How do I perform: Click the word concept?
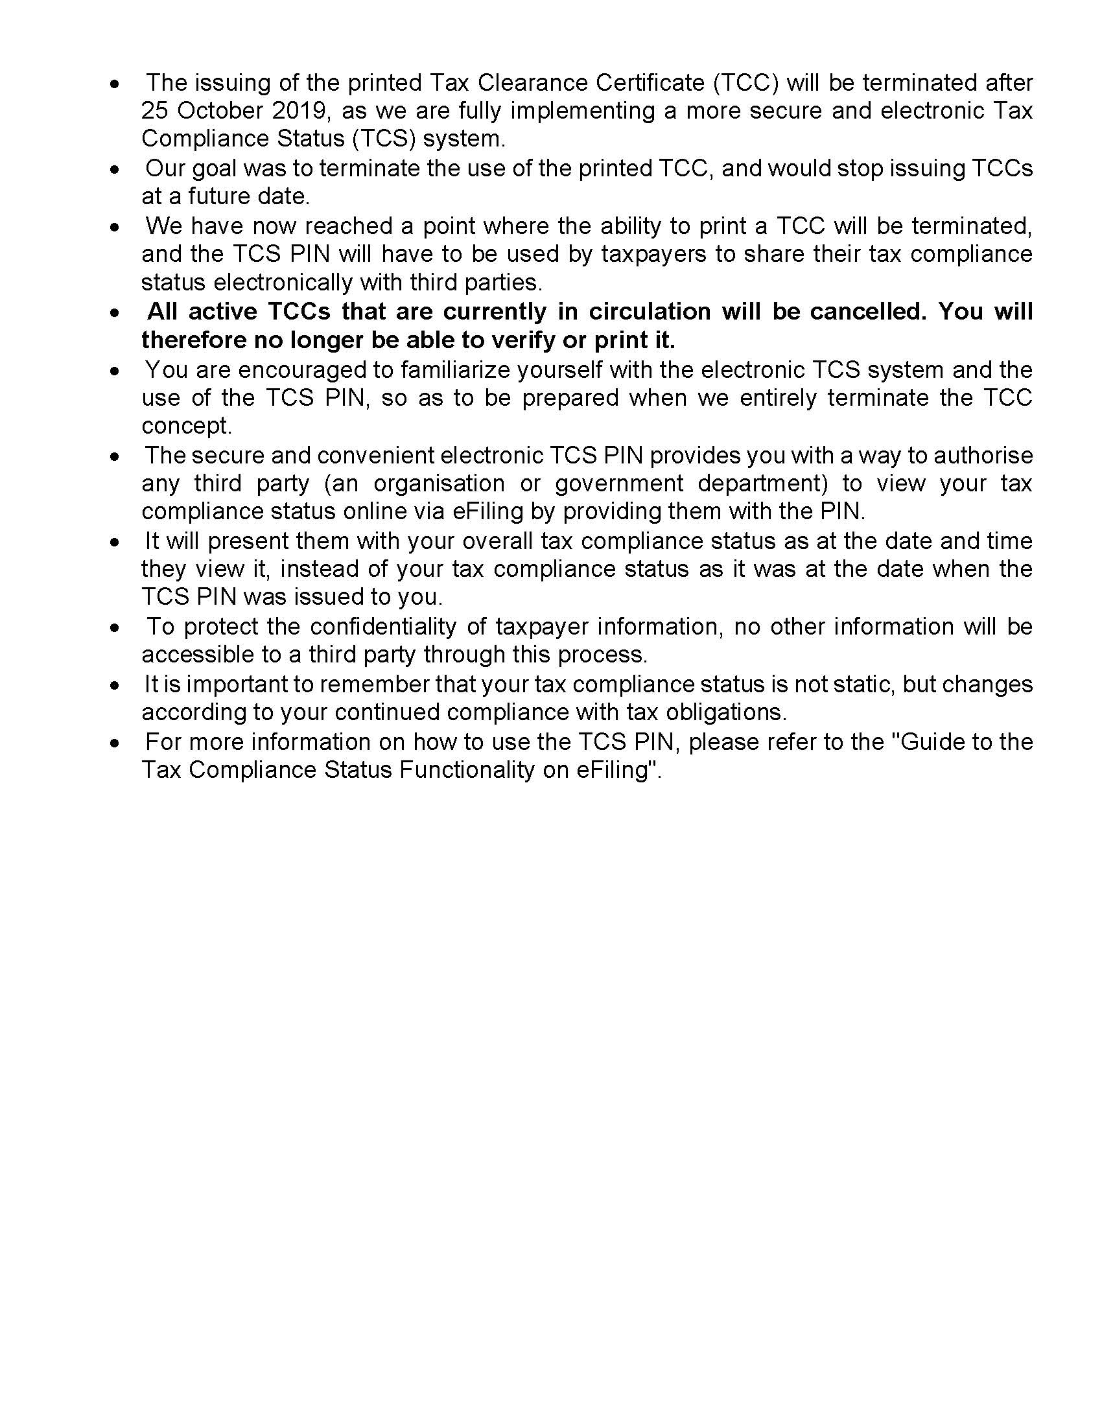coord(187,426)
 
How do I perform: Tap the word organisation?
coord(439,483)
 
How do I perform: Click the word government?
coord(619,483)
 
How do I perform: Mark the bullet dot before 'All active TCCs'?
coord(115,313)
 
